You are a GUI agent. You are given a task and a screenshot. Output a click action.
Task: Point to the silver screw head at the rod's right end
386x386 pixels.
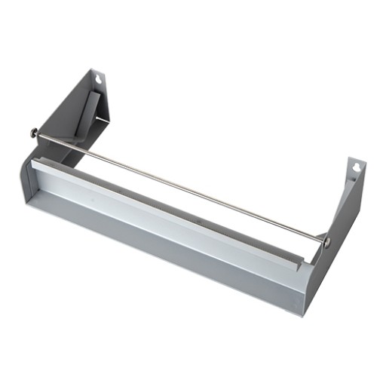coord(326,241)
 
